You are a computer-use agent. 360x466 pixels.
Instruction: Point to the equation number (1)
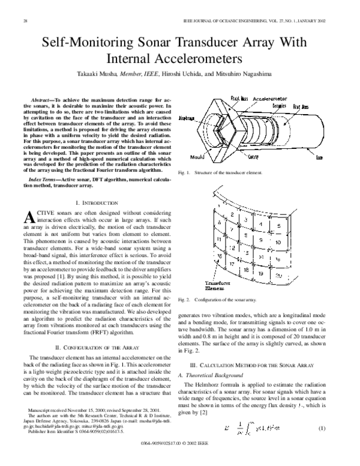click(338, 444)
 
